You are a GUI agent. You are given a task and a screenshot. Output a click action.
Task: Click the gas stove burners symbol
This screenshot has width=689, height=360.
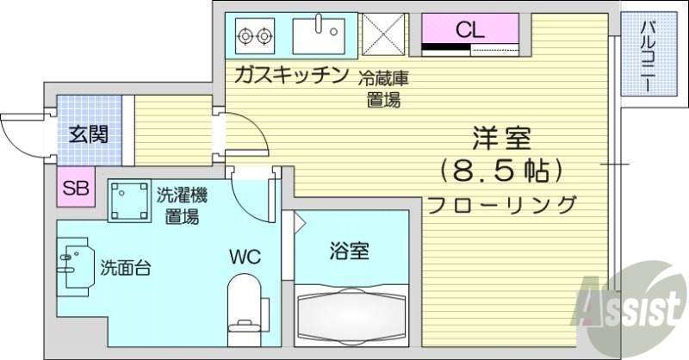[253, 36]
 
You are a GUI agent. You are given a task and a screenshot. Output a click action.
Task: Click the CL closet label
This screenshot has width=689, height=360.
[469, 29]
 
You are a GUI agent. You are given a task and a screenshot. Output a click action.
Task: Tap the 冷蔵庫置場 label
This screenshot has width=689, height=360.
[383, 89]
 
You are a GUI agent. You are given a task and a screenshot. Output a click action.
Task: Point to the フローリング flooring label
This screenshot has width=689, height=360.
[501, 205]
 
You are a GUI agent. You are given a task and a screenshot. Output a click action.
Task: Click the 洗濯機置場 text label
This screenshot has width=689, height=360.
[182, 204]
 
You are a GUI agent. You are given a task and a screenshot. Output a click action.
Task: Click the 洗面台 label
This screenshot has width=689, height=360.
[126, 266]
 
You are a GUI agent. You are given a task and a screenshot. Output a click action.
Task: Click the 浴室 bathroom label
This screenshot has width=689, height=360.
[350, 251]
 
